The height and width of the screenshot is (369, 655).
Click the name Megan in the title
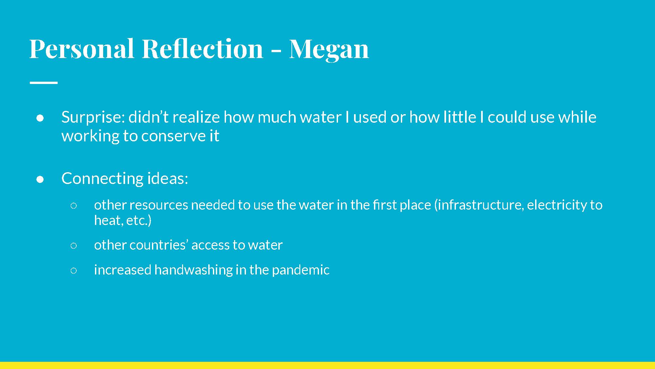tap(329, 49)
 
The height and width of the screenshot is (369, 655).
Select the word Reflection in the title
tap(202, 49)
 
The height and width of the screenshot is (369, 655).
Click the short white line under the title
tap(44, 83)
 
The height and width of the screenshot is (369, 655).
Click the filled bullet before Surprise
tap(40, 118)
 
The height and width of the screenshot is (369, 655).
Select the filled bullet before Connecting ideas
tap(40, 179)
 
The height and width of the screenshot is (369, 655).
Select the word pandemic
tap(301, 270)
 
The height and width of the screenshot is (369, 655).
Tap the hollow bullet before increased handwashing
tap(74, 271)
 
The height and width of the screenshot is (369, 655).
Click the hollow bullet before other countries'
tap(74, 246)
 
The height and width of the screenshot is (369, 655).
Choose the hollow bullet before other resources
tap(74, 206)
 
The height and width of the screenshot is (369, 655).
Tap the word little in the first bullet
tap(459, 117)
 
